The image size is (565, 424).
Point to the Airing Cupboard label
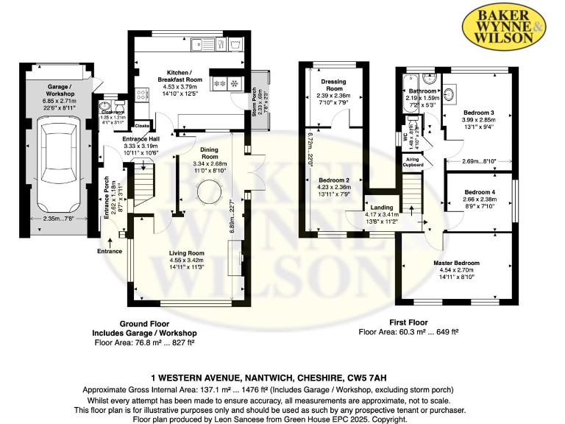pos(413,163)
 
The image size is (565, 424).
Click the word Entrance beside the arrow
pos(110,251)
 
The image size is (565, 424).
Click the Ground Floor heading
pos(144,323)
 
